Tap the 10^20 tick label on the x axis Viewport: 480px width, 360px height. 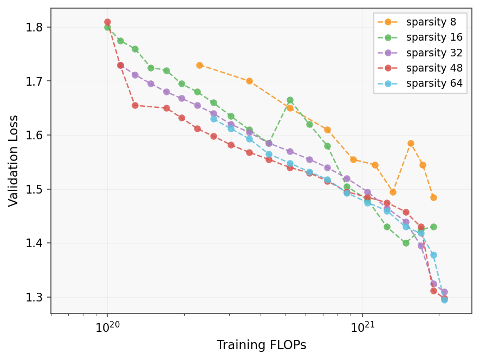pos(107,327)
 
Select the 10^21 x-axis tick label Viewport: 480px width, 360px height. pos(362,327)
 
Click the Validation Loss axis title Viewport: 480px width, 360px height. pos(14,160)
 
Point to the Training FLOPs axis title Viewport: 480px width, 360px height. pos(261,345)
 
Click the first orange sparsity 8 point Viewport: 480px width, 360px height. pos(199,65)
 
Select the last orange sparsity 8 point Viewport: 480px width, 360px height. pos(433,197)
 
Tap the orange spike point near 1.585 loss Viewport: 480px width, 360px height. pos(411,144)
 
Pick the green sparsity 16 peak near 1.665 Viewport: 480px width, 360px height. pos(290,100)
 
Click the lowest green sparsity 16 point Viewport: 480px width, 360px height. pos(406,243)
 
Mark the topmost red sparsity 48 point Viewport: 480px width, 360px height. pos(107,22)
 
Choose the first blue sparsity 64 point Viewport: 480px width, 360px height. pos(213,119)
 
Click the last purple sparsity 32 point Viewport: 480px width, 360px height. pos(444,292)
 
